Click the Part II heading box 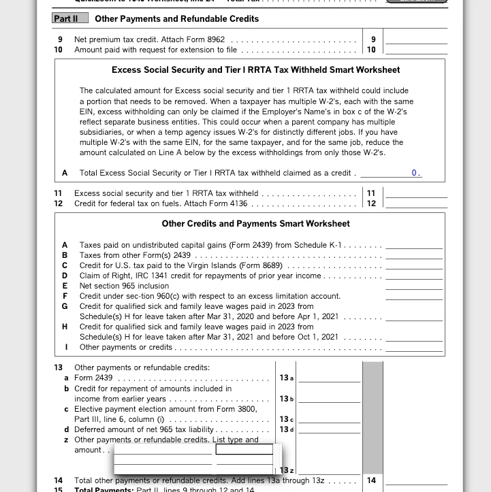pyautogui.click(x=70, y=18)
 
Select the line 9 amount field pyautogui.click(x=416, y=39)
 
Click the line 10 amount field pyautogui.click(x=416, y=50)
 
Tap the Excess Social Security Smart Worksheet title pyautogui.click(x=255, y=70)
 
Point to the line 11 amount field pyautogui.click(x=416, y=193)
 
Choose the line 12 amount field pyautogui.click(x=416, y=203)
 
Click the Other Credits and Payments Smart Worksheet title pyautogui.click(x=255, y=224)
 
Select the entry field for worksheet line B pyautogui.click(x=413, y=255)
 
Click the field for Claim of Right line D pyautogui.click(x=413, y=276)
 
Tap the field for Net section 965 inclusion pyautogui.click(x=413, y=286)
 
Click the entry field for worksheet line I pyautogui.click(x=413, y=347)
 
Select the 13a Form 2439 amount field pyautogui.click(x=329, y=378)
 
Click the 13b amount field pyautogui.click(x=329, y=399)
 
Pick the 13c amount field pyautogui.click(x=329, y=419)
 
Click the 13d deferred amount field pyautogui.click(x=329, y=429)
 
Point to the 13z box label pyautogui.click(x=287, y=470)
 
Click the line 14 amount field pyautogui.click(x=416, y=480)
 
